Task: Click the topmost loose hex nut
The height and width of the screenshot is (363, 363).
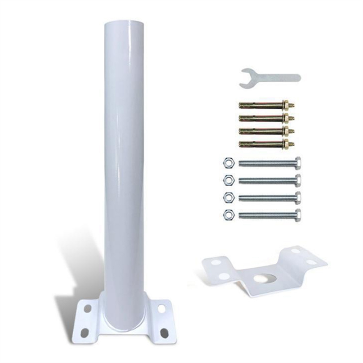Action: click(x=227, y=162)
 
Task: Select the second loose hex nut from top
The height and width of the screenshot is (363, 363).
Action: click(x=227, y=179)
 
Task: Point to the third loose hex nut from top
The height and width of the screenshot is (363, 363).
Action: click(x=227, y=197)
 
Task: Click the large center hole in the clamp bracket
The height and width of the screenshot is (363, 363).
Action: click(x=263, y=278)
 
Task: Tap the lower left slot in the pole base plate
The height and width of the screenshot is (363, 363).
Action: click(x=84, y=332)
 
